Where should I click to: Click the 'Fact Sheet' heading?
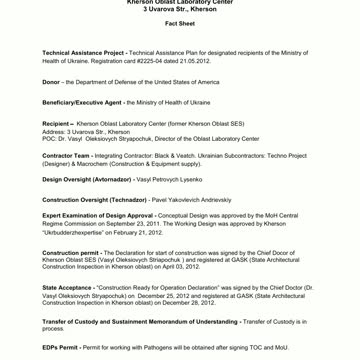180,23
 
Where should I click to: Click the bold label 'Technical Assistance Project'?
83,53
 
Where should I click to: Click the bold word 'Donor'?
51,82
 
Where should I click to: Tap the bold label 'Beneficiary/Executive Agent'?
82,103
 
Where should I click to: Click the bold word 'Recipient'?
57,125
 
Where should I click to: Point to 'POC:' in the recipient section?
49,139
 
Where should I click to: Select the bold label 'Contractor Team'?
66,156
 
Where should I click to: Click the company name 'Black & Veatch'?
177,156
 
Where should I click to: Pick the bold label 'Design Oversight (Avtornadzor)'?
87,179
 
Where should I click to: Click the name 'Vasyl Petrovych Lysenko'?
169,179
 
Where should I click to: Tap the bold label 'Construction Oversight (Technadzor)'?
95,200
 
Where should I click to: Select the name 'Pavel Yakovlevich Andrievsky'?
191,200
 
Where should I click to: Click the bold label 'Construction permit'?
70,253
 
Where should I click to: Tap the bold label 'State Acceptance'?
66,288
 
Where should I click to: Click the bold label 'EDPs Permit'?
60,347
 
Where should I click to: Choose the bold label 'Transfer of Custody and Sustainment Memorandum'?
140,322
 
